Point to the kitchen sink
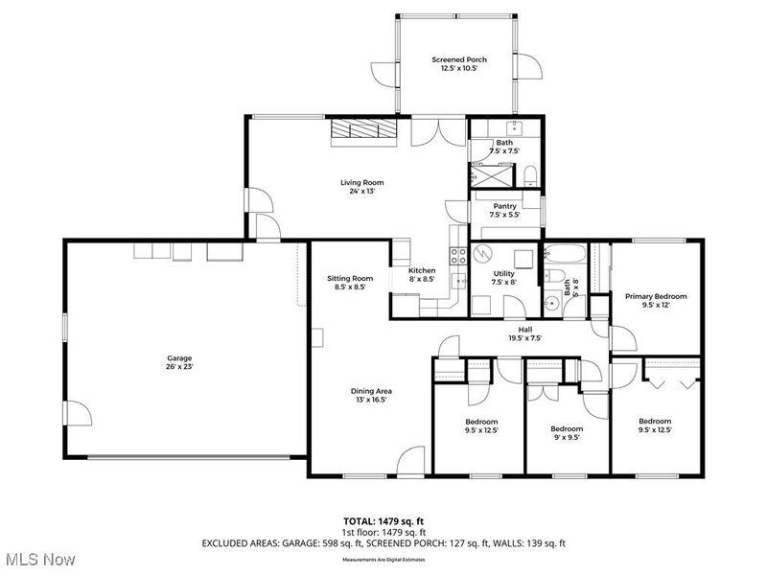[459, 280]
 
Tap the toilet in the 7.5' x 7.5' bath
[530, 173]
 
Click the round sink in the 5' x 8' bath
[551, 304]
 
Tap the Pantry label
[505, 206]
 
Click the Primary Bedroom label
[656, 297]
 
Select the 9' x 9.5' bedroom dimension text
[567, 439]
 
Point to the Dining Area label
[370, 391]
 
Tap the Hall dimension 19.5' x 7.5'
[524, 337]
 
